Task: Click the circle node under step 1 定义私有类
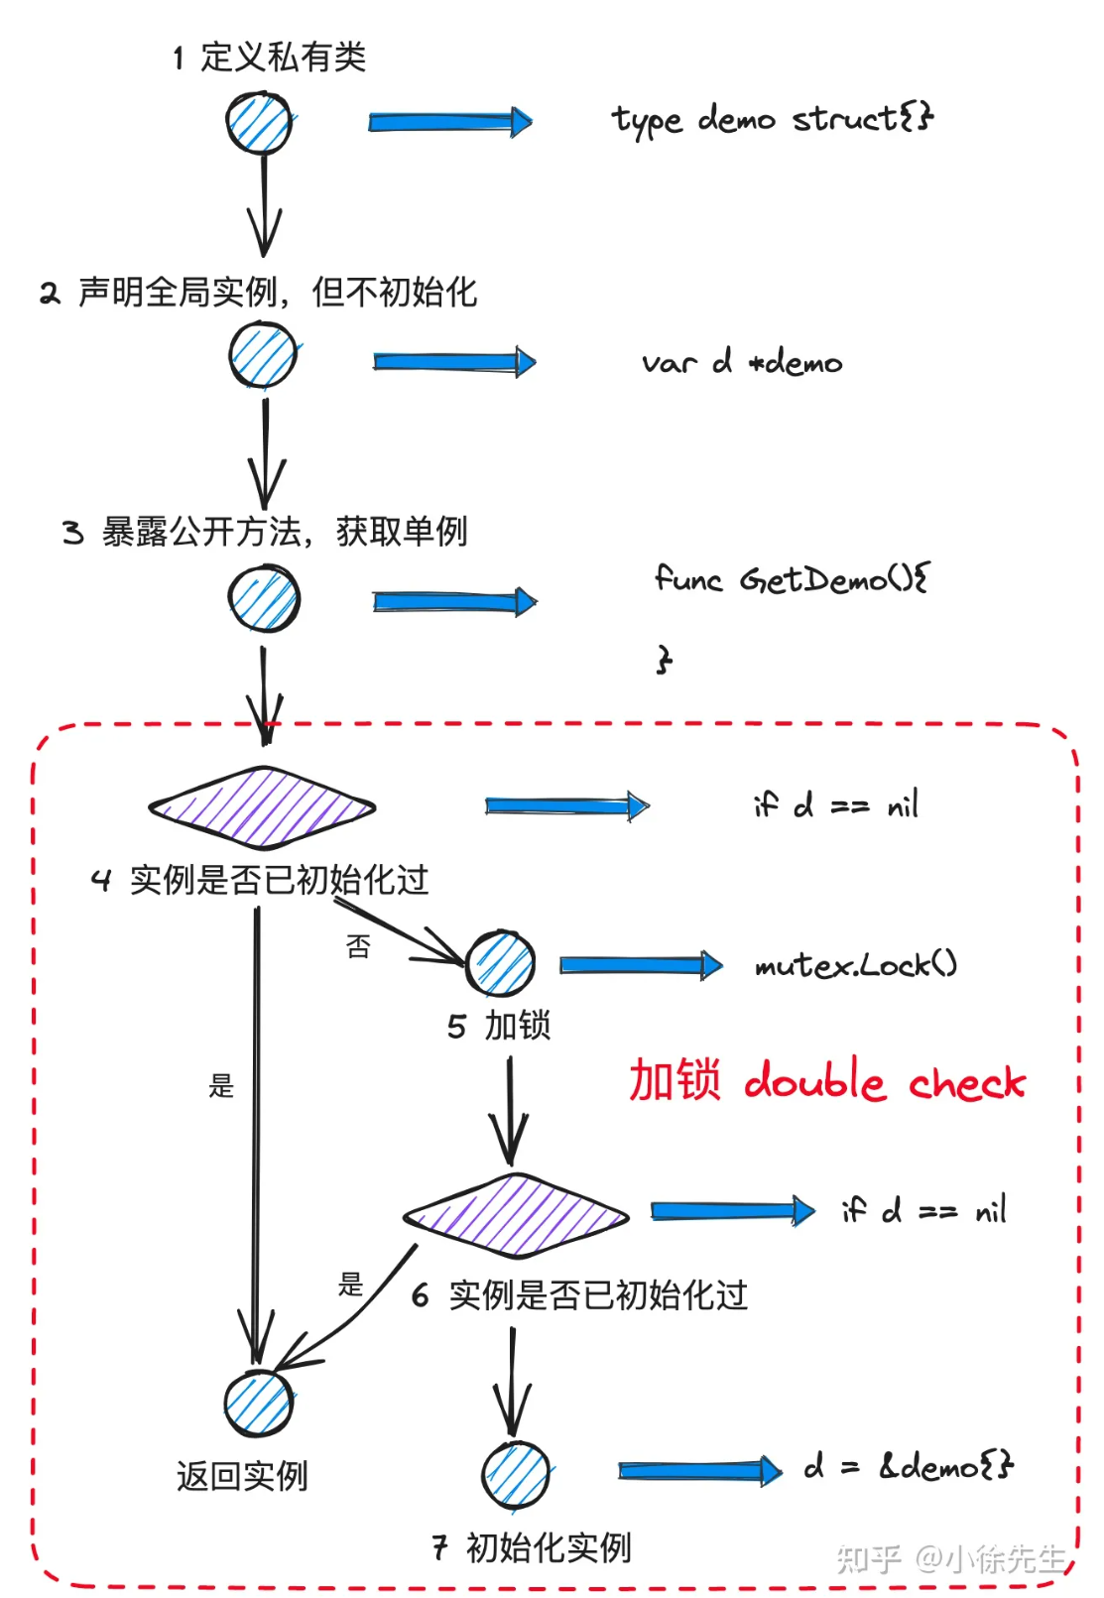click(x=259, y=123)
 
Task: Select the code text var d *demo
click(x=741, y=362)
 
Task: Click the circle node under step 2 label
click(x=263, y=356)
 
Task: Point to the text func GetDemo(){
click(x=791, y=578)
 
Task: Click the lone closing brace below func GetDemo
click(x=664, y=659)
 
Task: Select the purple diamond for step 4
click(x=262, y=807)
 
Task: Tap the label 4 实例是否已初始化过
click(x=260, y=880)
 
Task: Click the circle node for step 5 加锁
click(x=501, y=963)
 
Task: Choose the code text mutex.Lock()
click(x=855, y=964)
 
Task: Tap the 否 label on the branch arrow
click(x=358, y=946)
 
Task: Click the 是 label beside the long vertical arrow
click(x=221, y=1085)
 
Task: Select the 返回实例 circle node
click(x=258, y=1404)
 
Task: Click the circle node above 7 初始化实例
click(x=516, y=1475)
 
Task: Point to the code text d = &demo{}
click(x=909, y=1465)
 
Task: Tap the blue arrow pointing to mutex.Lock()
click(x=641, y=965)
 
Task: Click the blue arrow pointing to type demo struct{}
click(x=450, y=122)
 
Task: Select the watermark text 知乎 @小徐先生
click(x=950, y=1558)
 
